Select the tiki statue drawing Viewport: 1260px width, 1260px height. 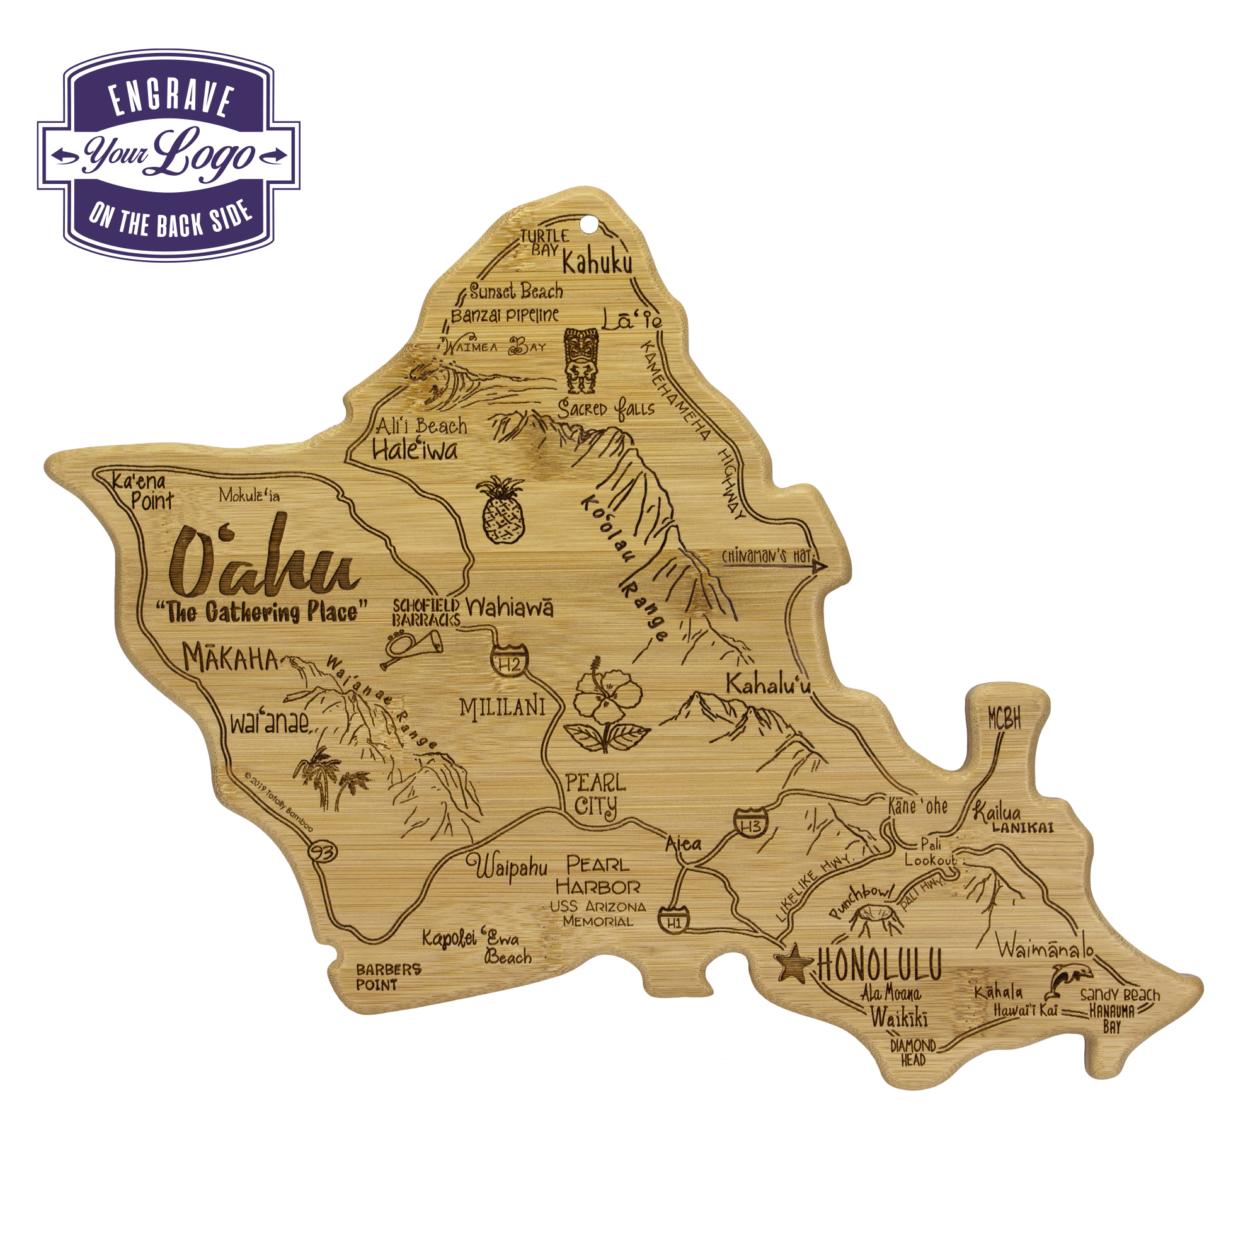click(580, 360)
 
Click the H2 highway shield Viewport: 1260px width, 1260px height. click(509, 661)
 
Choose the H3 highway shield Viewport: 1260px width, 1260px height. click(751, 824)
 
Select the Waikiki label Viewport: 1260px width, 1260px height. click(898, 1017)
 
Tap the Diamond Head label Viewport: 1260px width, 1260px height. click(913, 1052)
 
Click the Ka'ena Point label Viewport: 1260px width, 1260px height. click(142, 491)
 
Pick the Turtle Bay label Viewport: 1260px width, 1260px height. click(544, 242)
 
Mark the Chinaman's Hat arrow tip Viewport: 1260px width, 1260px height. click(822, 568)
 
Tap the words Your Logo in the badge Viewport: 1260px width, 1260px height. click(169, 155)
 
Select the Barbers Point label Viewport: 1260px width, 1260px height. click(388, 976)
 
